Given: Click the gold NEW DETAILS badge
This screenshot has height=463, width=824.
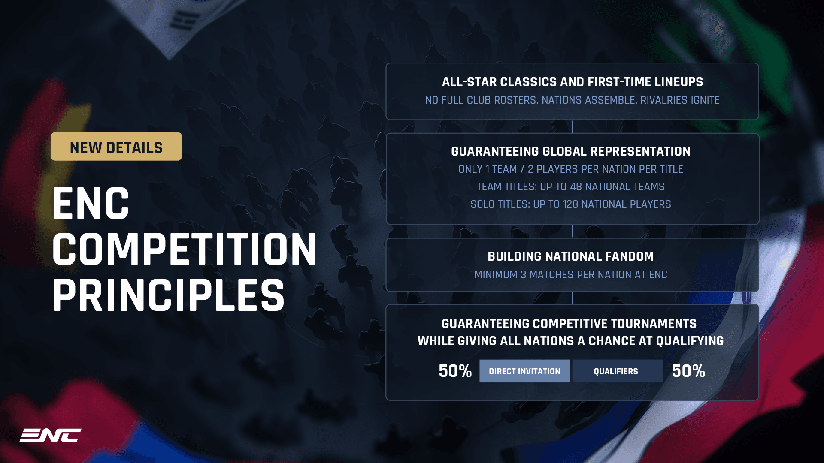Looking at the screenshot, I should [116, 147].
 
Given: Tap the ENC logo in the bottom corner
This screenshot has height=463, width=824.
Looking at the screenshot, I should [50, 436].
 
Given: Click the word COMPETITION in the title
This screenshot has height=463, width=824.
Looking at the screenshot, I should [185, 250].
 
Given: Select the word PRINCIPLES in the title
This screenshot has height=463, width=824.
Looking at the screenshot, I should [168, 296].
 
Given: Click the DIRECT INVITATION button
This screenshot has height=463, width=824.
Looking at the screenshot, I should [524, 371].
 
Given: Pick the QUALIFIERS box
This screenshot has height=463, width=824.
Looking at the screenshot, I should [617, 371].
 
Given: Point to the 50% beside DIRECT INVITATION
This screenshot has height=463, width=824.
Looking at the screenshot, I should [455, 371].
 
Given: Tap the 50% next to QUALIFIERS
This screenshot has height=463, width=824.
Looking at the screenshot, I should [688, 371].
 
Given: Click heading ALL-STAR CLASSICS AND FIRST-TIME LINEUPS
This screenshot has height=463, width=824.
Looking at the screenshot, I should [572, 82].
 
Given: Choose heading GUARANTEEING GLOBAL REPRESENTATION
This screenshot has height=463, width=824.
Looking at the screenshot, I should [570, 151].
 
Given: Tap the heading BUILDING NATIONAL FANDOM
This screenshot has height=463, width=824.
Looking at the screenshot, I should [570, 256].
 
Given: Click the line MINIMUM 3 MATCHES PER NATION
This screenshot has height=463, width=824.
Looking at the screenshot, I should [570, 275].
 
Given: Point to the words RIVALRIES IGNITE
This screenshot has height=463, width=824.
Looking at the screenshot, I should [680, 100].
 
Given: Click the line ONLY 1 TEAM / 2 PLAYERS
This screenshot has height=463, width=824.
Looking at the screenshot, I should [570, 169].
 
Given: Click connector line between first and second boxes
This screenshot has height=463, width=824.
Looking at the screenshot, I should [573, 126].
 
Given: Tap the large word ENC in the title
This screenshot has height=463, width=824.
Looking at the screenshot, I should [91, 204].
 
